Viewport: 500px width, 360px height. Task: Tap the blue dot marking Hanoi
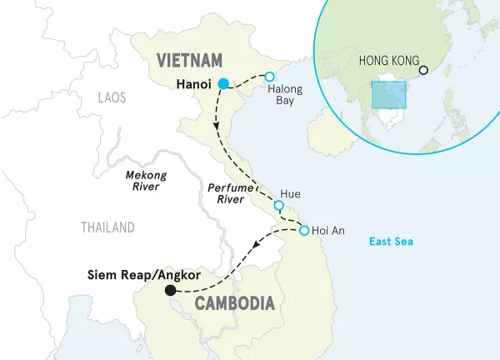pyautogui.click(x=222, y=83)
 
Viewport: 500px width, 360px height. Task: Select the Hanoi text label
pyautogui.click(x=194, y=84)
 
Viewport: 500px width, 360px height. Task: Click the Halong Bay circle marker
pyautogui.click(x=268, y=77)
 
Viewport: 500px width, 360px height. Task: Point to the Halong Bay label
pyautogui.click(x=282, y=95)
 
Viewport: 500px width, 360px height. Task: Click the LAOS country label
pyautogui.click(x=111, y=97)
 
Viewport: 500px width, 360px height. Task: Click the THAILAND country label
pyautogui.click(x=107, y=227)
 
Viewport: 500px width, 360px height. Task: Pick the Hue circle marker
pyautogui.click(x=278, y=205)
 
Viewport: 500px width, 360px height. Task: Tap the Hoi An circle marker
pyautogui.click(x=303, y=230)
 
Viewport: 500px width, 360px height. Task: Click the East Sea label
pyautogui.click(x=392, y=242)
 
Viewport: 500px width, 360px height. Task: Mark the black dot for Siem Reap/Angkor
pyautogui.click(x=170, y=290)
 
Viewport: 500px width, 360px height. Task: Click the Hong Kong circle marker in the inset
pyautogui.click(x=423, y=71)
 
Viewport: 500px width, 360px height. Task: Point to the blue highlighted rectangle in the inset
pyautogui.click(x=388, y=96)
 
